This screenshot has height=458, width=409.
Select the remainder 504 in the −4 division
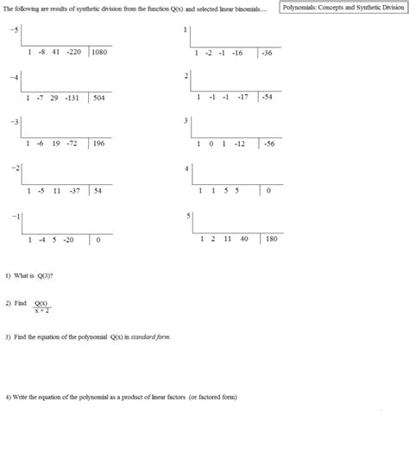99,99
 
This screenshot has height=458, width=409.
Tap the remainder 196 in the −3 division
99,143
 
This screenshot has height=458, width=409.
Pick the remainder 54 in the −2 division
98,190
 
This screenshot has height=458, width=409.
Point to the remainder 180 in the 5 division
272,238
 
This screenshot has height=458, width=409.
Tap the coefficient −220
73,52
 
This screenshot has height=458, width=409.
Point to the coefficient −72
72,143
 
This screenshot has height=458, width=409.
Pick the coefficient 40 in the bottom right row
244,238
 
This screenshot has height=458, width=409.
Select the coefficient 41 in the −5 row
54,52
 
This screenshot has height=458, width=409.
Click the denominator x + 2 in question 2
41,309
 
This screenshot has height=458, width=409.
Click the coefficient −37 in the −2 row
75,190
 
